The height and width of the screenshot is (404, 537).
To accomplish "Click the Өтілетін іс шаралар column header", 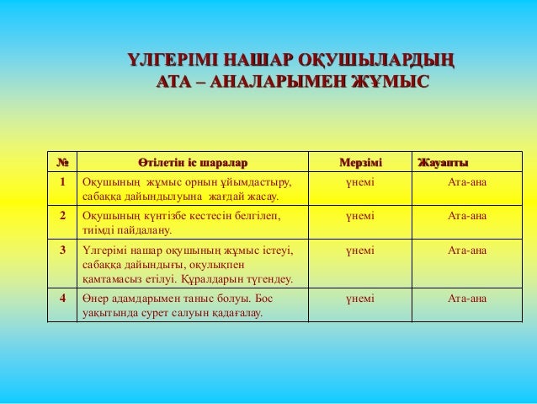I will click(192, 162).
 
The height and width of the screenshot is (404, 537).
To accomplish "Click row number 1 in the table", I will click(62, 182).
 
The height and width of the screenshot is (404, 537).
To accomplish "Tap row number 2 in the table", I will click(62, 216).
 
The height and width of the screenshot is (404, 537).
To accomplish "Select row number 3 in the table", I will click(62, 250).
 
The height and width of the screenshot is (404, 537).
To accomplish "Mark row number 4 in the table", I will click(62, 299).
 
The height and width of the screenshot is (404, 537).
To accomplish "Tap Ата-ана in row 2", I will click(467, 216).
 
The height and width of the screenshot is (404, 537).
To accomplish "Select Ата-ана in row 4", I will click(467, 299).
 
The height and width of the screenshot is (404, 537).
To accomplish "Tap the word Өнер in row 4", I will click(93, 299).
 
